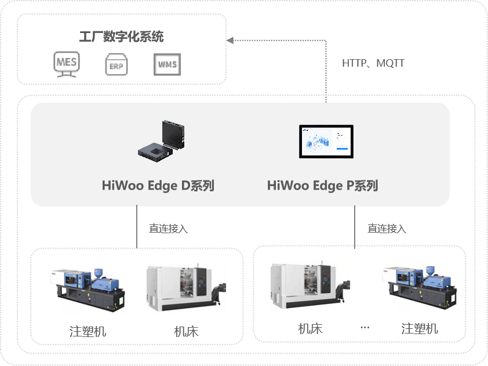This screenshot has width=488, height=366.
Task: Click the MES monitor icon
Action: pyautogui.click(x=67, y=64)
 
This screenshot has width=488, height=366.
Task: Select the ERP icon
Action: pyautogui.click(x=116, y=64)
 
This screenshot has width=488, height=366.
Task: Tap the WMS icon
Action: pyautogui.click(x=167, y=64)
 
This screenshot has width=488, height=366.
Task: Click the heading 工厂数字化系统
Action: pyautogui.click(x=121, y=37)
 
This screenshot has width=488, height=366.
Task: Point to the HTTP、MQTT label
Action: pyautogui.click(x=373, y=63)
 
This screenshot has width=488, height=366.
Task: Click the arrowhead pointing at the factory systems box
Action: pyautogui.click(x=230, y=41)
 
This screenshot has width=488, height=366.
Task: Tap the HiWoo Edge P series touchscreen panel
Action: pyautogui.click(x=326, y=142)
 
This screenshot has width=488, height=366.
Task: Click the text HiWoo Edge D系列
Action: pyautogui.click(x=158, y=186)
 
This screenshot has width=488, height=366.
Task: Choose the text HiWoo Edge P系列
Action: pyautogui.click(x=323, y=186)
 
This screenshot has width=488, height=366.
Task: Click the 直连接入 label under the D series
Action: pyautogui.click(x=169, y=229)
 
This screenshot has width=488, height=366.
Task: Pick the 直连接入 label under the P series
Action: pyautogui.click(x=387, y=229)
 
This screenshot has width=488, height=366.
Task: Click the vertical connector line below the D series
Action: pyautogui.click(x=137, y=226)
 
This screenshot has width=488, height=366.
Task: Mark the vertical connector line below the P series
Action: pyautogui.click(x=355, y=226)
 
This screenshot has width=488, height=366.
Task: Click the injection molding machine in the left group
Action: pyautogui.click(x=88, y=289)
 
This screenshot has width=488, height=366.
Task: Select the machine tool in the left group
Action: pyautogui.click(x=186, y=288)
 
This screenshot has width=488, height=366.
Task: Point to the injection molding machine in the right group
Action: pyautogui.click(x=420, y=287)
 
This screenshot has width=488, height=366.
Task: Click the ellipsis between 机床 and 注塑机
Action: pyautogui.click(x=365, y=327)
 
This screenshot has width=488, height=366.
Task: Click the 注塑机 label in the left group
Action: pyautogui.click(x=88, y=331)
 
